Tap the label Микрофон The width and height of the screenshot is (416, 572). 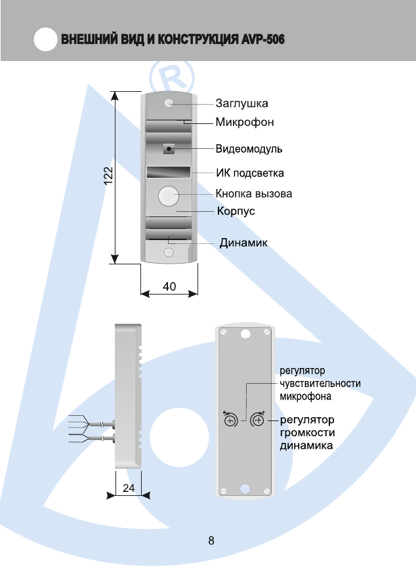click(x=245, y=122)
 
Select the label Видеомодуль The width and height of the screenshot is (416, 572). click(x=249, y=149)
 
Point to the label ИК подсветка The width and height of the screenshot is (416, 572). click(x=250, y=173)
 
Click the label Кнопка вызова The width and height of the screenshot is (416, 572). click(x=254, y=194)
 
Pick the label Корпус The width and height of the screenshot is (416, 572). click(x=236, y=211)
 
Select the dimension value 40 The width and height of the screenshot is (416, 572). click(x=169, y=286)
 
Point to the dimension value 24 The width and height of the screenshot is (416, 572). click(x=129, y=487)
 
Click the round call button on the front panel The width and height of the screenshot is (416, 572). click(x=169, y=195)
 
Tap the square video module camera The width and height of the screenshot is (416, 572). click(x=169, y=149)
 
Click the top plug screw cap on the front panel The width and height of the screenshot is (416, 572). click(x=169, y=104)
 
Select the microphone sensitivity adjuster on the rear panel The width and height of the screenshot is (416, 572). click(x=231, y=421)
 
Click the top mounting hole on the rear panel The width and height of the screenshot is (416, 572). click(x=245, y=333)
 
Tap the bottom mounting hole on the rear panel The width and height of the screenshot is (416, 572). click(x=245, y=489)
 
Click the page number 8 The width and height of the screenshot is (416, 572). click(x=211, y=541)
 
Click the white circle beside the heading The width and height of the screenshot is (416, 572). click(x=44, y=41)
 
